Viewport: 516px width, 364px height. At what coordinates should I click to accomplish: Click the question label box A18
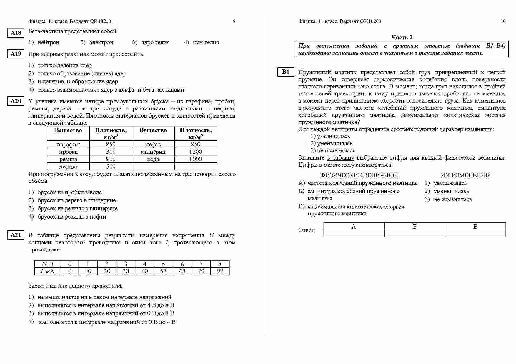pyautogui.click(x=16, y=33)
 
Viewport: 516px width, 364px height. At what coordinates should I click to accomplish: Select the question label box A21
pyautogui.click(x=16, y=235)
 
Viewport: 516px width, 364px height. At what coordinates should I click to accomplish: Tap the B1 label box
pyautogui.click(x=286, y=72)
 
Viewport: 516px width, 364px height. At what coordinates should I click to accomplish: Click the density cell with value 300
pyautogui.click(x=111, y=152)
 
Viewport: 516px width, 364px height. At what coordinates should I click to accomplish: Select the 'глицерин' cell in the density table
pyautogui.click(x=153, y=152)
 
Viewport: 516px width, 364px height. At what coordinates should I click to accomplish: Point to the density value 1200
pyautogui.click(x=195, y=152)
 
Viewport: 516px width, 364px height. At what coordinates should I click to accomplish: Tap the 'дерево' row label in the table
pyautogui.click(x=68, y=167)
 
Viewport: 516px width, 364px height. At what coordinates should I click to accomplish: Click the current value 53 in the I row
pyautogui.click(x=163, y=271)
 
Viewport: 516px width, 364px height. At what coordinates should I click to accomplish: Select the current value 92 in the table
pyautogui.click(x=220, y=271)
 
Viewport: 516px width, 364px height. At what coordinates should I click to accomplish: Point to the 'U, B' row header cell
pyautogui.click(x=48, y=264)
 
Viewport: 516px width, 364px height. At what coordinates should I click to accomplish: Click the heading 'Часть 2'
pyautogui.click(x=402, y=37)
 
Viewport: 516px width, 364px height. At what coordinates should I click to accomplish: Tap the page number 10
pyautogui.click(x=503, y=21)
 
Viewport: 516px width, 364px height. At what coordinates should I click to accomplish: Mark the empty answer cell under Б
pyautogui.click(x=415, y=234)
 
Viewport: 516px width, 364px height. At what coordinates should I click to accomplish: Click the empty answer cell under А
pyautogui.click(x=354, y=234)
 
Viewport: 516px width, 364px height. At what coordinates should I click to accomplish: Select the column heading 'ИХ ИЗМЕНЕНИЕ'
pyautogui.click(x=465, y=175)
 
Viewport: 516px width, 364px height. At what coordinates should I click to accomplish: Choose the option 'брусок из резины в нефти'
pyautogui.click(x=71, y=217)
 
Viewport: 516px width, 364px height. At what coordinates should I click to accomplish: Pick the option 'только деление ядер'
pyautogui.click(x=64, y=66)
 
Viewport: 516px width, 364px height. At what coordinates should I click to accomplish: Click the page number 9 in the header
pyautogui.click(x=234, y=21)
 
